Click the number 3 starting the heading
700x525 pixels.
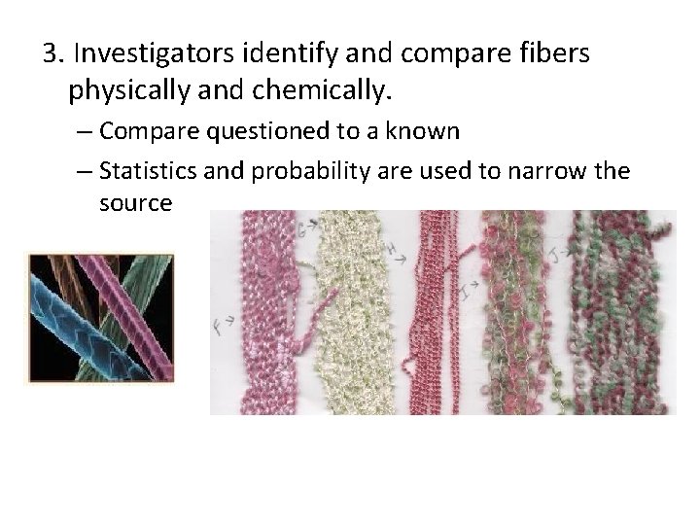click(51, 53)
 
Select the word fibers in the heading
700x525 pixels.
click(553, 53)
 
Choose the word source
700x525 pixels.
click(135, 204)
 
